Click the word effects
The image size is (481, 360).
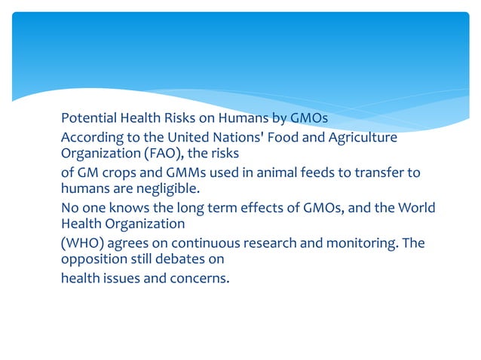click(261, 208)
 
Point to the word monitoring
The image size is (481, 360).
click(342, 243)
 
